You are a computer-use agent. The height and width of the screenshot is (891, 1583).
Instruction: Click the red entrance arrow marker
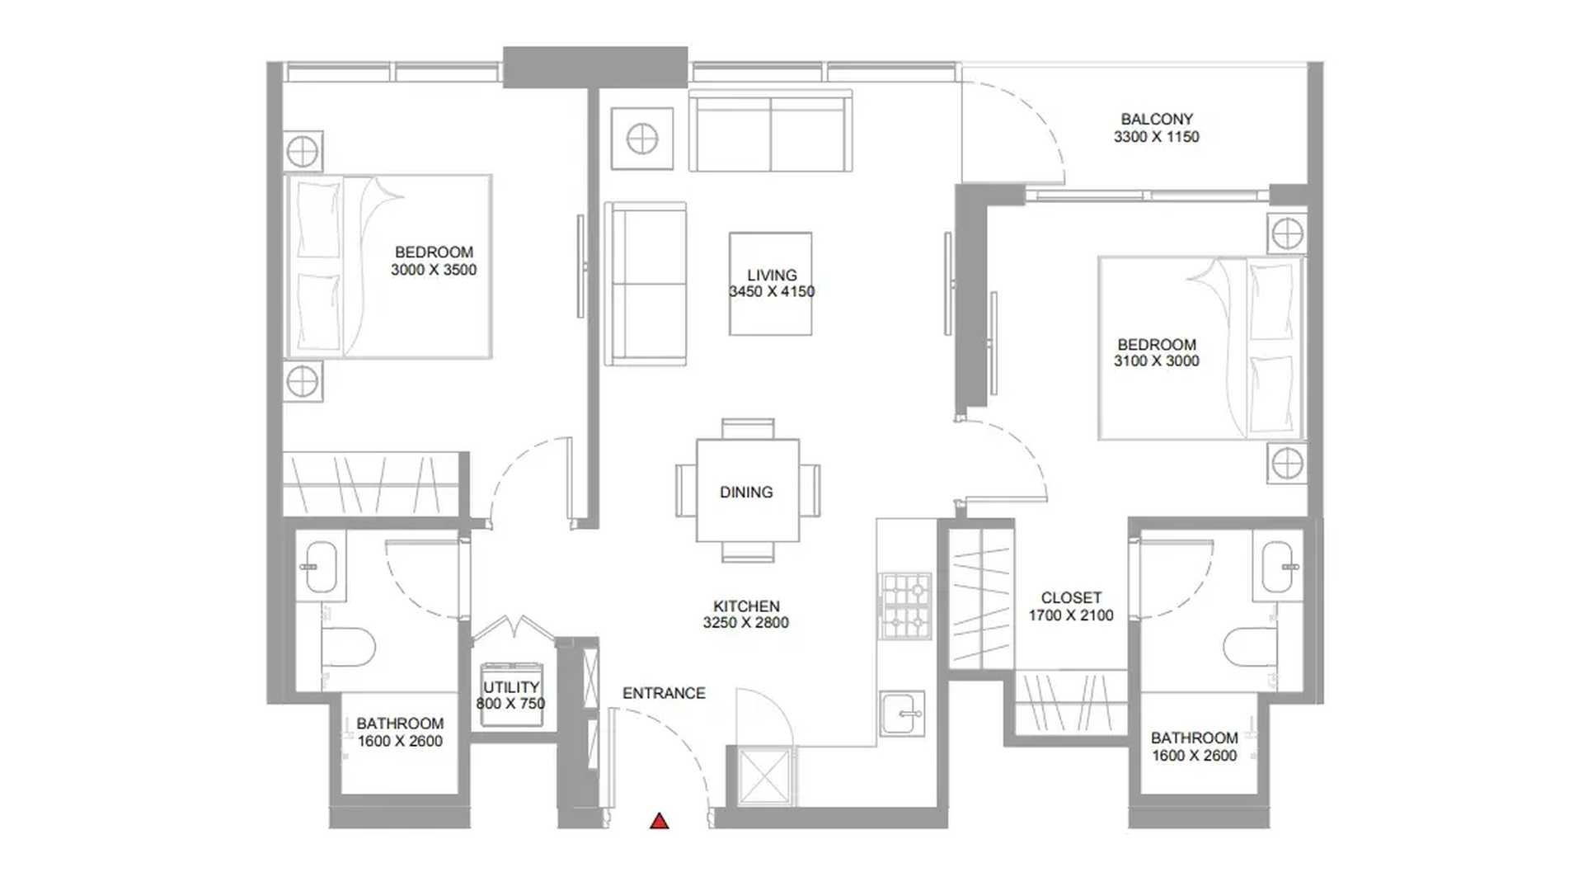659,821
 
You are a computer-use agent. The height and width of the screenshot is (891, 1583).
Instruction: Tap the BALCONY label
1157,119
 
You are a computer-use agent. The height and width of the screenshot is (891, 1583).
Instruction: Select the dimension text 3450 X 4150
772,291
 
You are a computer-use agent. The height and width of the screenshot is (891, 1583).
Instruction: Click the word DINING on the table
746,492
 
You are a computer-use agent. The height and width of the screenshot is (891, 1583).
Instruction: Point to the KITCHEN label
746,606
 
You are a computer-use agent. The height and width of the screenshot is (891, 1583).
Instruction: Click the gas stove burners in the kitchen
905,606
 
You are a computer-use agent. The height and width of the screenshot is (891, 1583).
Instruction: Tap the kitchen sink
902,713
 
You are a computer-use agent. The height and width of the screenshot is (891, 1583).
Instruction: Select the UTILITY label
511,686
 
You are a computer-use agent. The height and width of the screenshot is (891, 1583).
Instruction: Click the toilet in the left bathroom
348,648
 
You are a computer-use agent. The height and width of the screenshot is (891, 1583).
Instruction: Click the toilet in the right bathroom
1250,647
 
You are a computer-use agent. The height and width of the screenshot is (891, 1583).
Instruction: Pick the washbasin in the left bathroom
320,567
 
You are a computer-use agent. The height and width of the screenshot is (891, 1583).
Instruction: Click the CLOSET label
1071,597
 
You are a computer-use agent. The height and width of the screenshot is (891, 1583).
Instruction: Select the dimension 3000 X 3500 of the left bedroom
434,270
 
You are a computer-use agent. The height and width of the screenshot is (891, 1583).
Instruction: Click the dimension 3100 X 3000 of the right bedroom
1157,361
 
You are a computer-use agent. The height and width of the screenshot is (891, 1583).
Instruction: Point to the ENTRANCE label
664,693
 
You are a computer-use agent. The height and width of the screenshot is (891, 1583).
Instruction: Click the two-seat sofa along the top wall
770,130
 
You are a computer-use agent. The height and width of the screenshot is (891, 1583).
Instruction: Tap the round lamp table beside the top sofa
642,139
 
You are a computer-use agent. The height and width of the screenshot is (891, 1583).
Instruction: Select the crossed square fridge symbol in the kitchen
763,775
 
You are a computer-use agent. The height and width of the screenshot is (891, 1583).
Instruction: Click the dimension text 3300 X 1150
1157,137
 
